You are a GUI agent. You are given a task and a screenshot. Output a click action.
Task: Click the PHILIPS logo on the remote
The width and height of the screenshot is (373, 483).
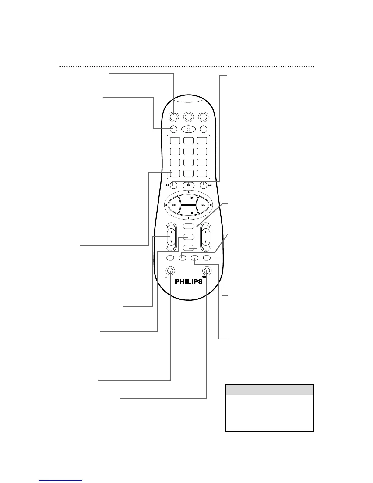pyautogui.click(x=189, y=281)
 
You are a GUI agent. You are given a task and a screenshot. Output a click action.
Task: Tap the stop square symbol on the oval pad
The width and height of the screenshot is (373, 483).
pyautogui.click(x=191, y=213)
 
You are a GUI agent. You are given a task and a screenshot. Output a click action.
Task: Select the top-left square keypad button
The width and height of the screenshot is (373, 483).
pyautogui.click(x=175, y=141)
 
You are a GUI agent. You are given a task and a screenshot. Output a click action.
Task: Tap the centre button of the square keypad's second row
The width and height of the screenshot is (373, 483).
pyautogui.click(x=188, y=152)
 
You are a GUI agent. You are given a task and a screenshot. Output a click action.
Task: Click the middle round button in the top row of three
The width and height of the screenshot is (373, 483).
pyautogui.click(x=189, y=116)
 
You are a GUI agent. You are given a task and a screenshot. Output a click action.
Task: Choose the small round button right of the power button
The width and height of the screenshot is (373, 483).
pyautogui.click(x=204, y=129)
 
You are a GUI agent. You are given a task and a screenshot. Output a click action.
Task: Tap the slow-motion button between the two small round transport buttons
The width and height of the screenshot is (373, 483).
pyautogui.click(x=189, y=185)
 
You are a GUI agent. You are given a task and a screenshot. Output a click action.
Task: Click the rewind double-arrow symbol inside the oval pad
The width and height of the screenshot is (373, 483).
pyautogui.click(x=174, y=206)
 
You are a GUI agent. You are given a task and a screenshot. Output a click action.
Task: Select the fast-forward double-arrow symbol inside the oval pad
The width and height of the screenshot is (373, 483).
pyautogui.click(x=203, y=206)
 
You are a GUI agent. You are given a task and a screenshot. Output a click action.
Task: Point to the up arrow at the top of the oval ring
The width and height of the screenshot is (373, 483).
pyautogui.click(x=189, y=192)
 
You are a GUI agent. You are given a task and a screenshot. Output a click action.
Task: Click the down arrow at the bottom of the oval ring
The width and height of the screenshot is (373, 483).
pyautogui.click(x=189, y=218)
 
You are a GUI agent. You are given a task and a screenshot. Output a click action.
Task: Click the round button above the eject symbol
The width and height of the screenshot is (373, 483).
pyautogui.click(x=170, y=270)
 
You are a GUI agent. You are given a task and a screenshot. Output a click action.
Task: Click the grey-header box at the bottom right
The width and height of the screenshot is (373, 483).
pyautogui.click(x=269, y=408)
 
